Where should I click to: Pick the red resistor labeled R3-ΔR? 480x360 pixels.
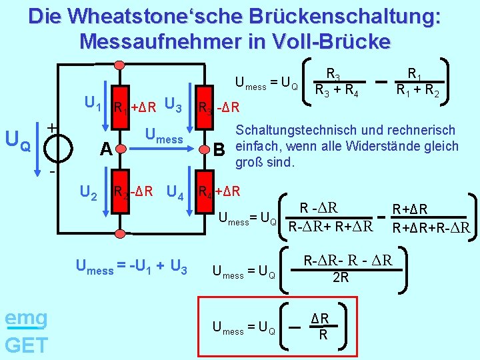coord(203,107)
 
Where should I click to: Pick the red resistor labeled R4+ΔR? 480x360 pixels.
coord(203,193)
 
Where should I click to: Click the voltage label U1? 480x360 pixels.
coord(93,104)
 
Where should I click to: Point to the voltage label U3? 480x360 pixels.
coord(173,105)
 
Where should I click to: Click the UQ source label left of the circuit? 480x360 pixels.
coord(18,139)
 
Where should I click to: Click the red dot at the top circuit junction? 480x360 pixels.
coord(120,65)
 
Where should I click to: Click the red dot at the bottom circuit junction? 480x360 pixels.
coord(120,234)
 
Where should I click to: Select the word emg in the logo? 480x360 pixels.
coord(25,318)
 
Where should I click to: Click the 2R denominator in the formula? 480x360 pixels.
coord(341,276)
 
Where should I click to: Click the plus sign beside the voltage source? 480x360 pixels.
coord(52,125)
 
